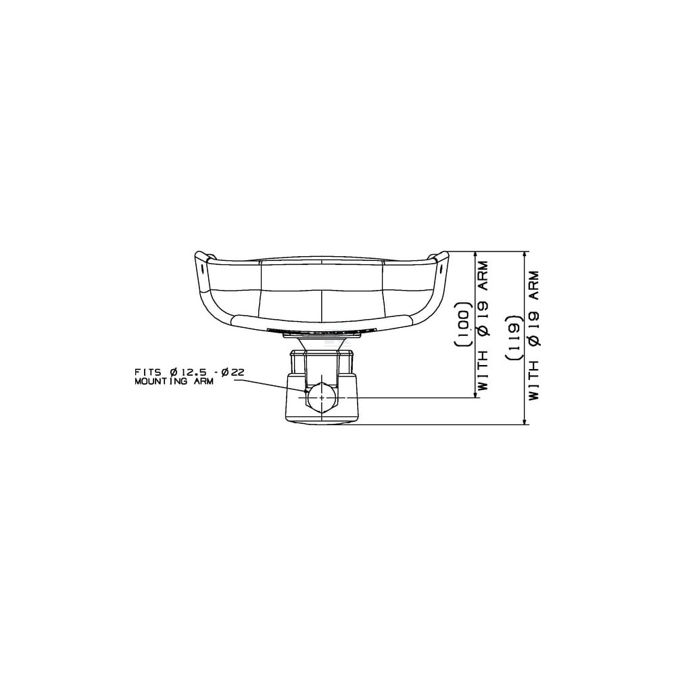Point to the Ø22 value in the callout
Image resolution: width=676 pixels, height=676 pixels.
232,372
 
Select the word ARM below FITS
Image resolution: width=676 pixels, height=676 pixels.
202,381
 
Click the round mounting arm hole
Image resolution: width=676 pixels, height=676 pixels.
322,397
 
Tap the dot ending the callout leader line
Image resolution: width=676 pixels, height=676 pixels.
306,391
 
